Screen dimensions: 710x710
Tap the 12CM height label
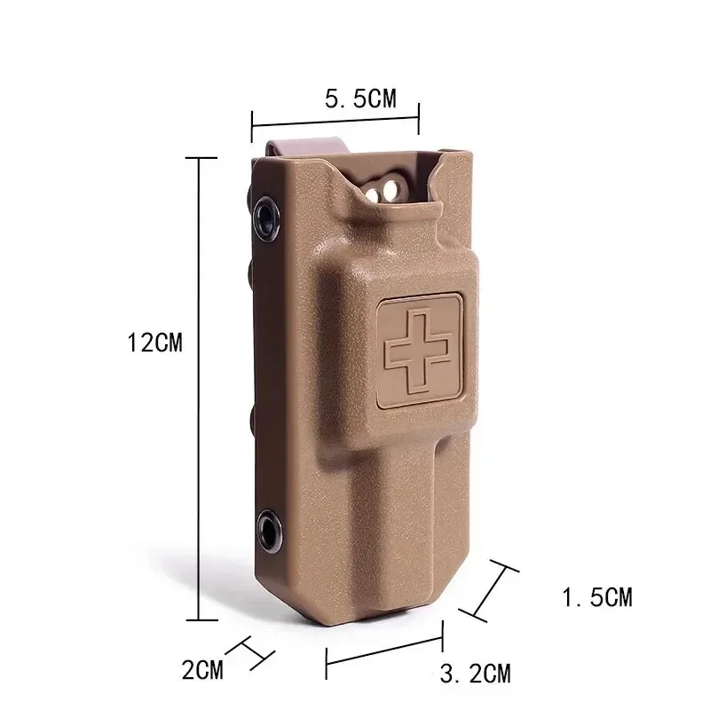click(x=155, y=343)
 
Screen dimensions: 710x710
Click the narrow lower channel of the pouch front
click(x=399, y=524)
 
